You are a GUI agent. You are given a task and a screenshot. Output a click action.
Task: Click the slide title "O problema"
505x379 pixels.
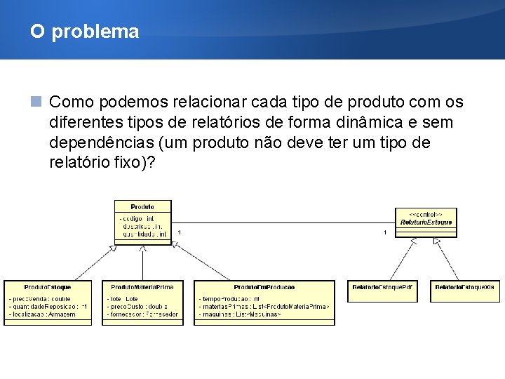tap(84, 32)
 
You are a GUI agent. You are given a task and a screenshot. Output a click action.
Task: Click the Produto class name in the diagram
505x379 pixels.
tap(142, 207)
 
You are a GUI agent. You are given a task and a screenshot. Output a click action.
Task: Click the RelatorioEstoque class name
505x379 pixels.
tap(426, 222)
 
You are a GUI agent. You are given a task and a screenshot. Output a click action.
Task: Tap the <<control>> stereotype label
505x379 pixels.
tap(426, 213)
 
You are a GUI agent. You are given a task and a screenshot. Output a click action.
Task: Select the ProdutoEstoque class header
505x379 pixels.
tap(48, 287)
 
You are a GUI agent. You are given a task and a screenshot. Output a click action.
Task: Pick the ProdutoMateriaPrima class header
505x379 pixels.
tap(143, 287)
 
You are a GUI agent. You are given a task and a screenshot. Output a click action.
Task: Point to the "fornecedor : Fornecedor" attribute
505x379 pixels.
tap(143, 314)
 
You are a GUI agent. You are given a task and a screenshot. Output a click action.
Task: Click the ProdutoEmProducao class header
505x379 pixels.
tap(264, 287)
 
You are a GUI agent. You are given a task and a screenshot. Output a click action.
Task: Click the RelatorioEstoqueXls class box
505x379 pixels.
tap(464, 287)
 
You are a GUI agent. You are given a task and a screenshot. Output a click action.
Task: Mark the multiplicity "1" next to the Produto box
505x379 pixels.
tap(179, 232)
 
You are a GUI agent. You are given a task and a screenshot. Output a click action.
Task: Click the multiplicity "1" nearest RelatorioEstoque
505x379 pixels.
tap(384, 232)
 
